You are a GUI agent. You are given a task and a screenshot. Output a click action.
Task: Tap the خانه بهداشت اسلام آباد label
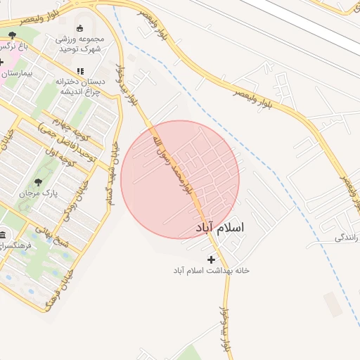(x=212, y=271)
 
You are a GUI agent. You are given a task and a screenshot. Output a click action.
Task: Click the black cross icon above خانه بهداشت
(x=212, y=259)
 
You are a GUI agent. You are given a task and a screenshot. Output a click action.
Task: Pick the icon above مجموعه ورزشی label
(x=79, y=29)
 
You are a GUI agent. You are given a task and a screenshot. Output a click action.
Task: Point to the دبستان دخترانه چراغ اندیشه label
(x=79, y=85)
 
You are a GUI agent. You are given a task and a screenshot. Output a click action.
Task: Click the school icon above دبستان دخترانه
(x=79, y=71)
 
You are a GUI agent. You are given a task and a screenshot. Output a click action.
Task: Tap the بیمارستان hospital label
(x=19, y=72)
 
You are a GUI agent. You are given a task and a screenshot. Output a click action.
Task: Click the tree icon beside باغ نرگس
(x=12, y=34)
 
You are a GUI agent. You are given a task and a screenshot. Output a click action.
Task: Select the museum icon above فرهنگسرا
(x=4, y=236)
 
